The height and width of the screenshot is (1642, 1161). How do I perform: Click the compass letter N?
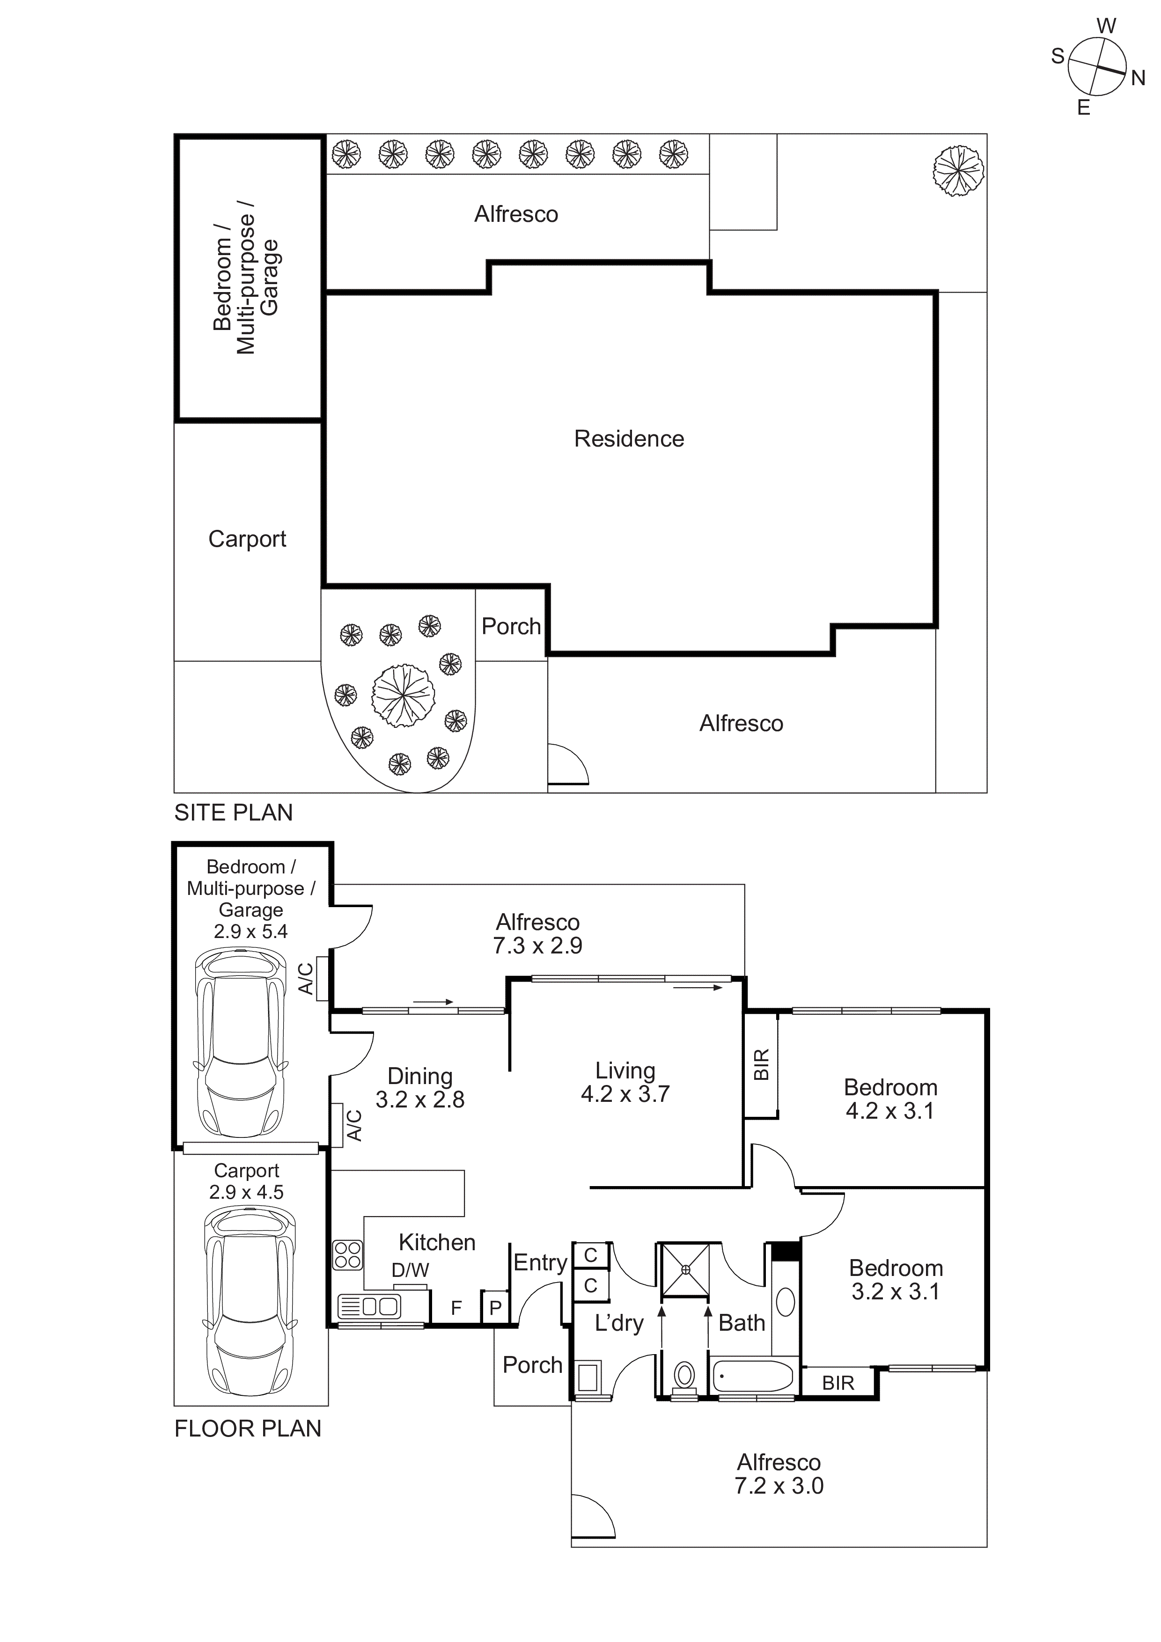click(x=1138, y=78)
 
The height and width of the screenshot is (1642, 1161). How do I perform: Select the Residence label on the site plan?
click(x=629, y=439)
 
